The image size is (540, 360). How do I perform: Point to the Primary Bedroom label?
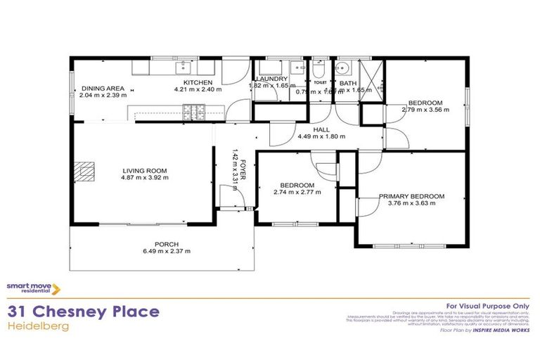click(411, 196)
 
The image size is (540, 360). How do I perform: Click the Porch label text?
click(167, 245)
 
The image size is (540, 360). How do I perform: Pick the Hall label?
click(321, 129)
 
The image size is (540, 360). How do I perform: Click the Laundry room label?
click(272, 79)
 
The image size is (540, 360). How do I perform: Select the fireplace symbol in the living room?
click(85, 172)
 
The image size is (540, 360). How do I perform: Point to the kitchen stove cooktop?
click(192, 110)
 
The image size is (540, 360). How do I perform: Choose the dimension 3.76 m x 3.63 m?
click(411, 204)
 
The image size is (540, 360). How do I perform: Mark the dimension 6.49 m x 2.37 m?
click(167, 252)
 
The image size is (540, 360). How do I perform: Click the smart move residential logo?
click(34, 288)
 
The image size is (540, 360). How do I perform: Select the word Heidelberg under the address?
click(39, 326)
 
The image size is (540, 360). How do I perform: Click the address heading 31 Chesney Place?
click(83, 311)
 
